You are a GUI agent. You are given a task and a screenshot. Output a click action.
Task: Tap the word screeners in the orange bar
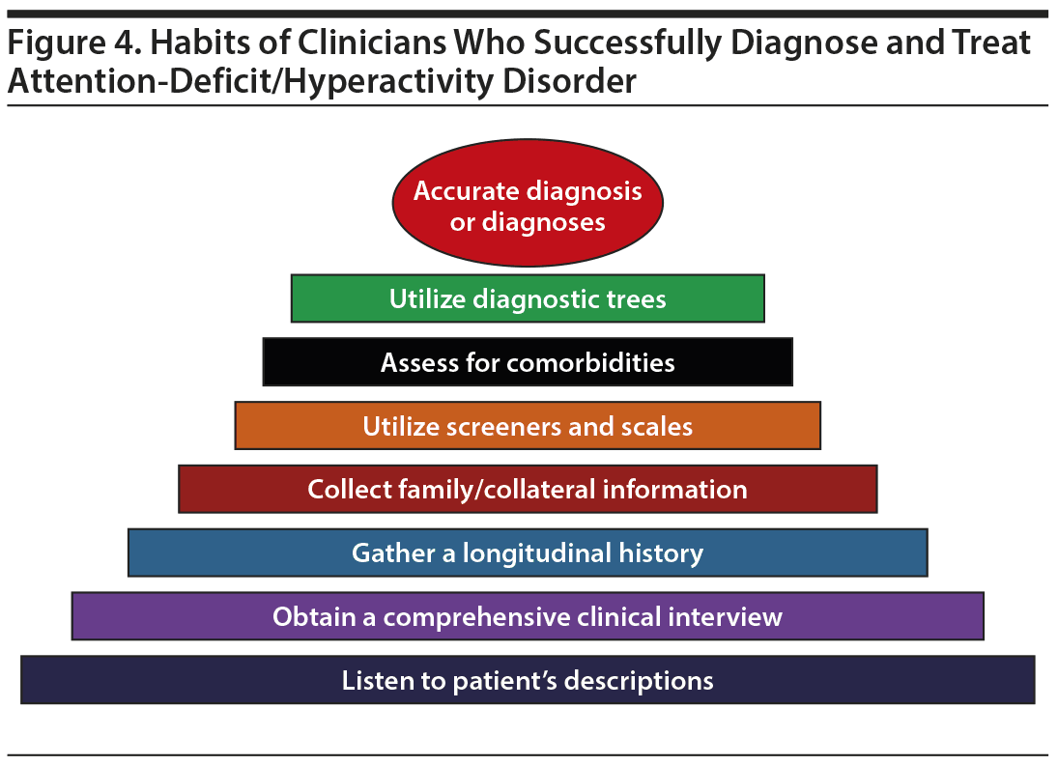coord(490,426)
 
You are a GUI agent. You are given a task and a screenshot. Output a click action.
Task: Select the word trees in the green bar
coord(634,299)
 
